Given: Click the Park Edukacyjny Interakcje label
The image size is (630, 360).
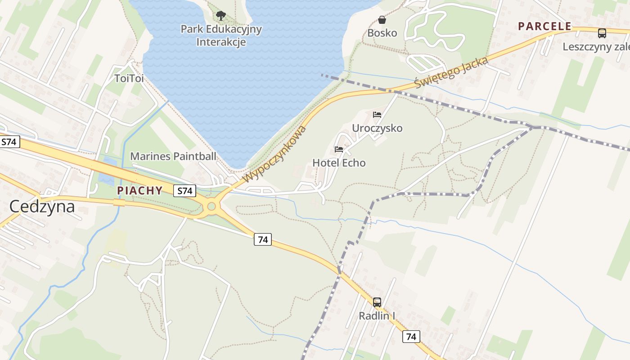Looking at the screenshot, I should pyautogui.click(x=221, y=36).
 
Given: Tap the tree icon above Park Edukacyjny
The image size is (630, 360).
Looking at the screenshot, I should pyautogui.click(x=220, y=16).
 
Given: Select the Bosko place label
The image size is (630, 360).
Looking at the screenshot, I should pyautogui.click(x=382, y=33).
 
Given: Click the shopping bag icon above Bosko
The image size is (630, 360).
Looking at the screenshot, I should pyautogui.click(x=382, y=20).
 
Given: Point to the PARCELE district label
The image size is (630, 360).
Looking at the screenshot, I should pyautogui.click(x=544, y=26).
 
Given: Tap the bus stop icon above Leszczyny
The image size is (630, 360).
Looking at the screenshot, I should pyautogui.click(x=602, y=33).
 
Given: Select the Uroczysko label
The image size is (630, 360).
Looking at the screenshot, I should pyautogui.click(x=377, y=128).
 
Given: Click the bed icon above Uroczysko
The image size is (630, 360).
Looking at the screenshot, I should pyautogui.click(x=377, y=115).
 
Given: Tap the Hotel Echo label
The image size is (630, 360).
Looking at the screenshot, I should pyautogui.click(x=339, y=163).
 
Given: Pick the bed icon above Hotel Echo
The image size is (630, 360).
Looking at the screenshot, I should pyautogui.click(x=339, y=149).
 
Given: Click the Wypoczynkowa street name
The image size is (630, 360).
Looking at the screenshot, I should pyautogui.click(x=275, y=154).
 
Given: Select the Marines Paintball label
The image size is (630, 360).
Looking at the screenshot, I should pyautogui.click(x=173, y=156).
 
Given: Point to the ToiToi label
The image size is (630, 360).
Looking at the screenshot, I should pyautogui.click(x=129, y=78).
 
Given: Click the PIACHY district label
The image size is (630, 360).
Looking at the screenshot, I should pyautogui.click(x=139, y=191).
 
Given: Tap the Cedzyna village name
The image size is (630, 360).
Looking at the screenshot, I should pyautogui.click(x=42, y=207).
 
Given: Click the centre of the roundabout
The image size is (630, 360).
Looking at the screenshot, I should pyautogui.click(x=211, y=207).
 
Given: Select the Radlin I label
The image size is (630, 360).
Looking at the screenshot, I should pyautogui.click(x=377, y=316).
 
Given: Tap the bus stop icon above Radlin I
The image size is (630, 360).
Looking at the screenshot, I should pyautogui.click(x=377, y=302).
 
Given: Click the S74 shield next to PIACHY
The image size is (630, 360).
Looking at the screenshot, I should pyautogui.click(x=184, y=191).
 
